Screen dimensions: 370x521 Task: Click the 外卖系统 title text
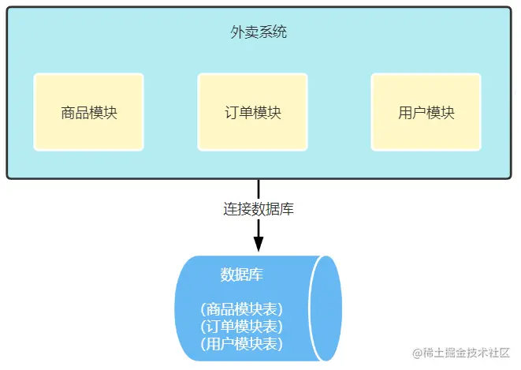259,33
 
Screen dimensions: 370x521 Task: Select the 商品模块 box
89,112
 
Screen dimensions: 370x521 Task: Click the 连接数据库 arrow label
259,210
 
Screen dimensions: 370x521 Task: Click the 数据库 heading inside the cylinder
241,275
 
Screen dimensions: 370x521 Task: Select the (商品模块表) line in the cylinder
241,308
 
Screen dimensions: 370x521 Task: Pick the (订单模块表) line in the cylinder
241,326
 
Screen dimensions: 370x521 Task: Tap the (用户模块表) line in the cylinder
241,343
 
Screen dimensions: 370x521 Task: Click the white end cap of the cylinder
326,307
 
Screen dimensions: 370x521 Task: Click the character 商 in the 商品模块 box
68,112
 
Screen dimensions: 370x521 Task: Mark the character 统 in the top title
281,33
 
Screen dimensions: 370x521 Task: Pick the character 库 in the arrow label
288,210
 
